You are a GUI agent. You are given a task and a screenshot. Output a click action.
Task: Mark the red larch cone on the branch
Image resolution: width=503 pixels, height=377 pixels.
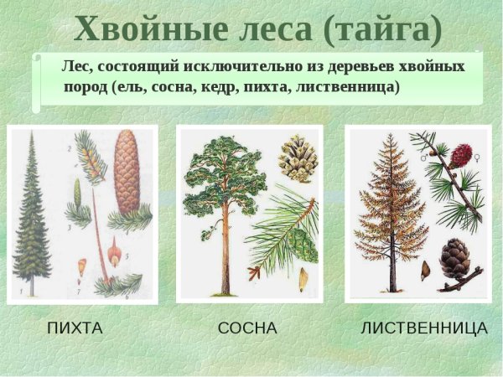pyautogui.click(x=461, y=156)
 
